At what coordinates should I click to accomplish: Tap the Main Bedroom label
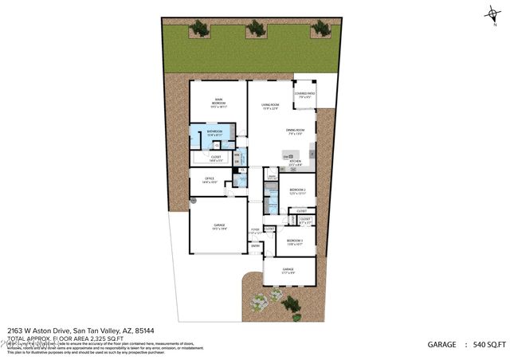tap(217, 103)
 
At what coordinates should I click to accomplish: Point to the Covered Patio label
tap(304, 96)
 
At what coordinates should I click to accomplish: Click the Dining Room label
tap(297, 132)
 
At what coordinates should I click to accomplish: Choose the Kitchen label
tap(294, 162)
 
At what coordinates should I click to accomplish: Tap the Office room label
tap(210, 180)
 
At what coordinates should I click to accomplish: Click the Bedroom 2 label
tap(296, 190)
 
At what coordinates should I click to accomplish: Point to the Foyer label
tap(255, 231)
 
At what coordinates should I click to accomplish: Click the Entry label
tap(255, 245)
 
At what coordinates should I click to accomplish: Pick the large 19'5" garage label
tap(218, 227)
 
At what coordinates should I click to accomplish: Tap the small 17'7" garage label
tap(288, 271)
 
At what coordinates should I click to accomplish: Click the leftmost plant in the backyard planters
tap(199, 29)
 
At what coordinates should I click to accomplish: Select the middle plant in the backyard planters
tap(256, 29)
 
